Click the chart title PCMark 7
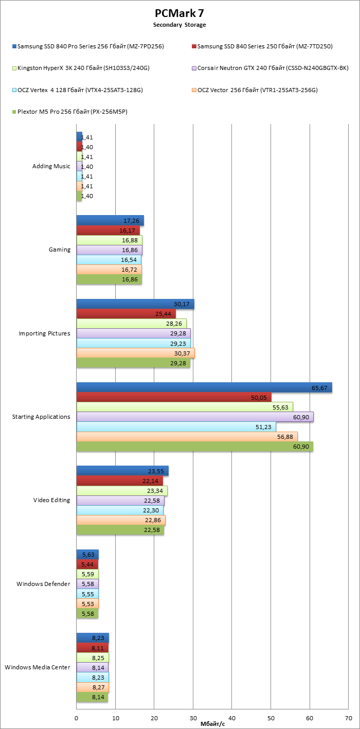pos(179,13)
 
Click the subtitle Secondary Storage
pos(179,25)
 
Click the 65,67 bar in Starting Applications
pos(204,387)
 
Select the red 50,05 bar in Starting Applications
pos(174,397)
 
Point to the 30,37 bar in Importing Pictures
pos(136,353)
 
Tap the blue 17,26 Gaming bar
pos(110,220)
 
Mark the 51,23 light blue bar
pos(176,426)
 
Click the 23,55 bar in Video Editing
pos(122,471)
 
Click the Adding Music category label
pos(51,167)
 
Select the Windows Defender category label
pos(43,584)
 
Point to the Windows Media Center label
pos(38,667)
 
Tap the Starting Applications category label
pos(41,417)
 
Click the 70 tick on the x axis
pos(348,718)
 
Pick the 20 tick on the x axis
pos(154,718)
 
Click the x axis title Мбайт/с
pos(212,724)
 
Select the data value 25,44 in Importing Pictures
pos(168,314)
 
